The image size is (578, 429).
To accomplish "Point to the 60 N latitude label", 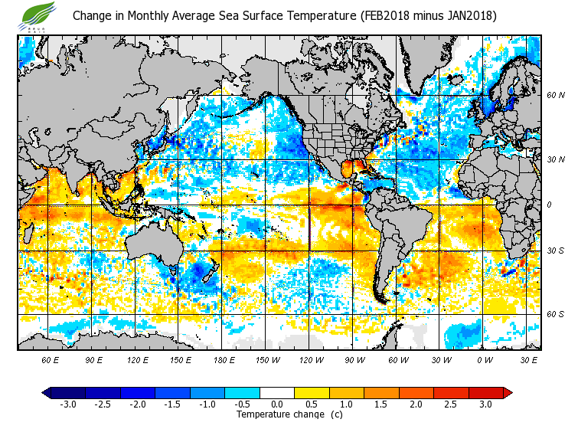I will tap(555, 95).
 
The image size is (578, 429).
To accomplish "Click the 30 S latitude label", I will tap(555, 251).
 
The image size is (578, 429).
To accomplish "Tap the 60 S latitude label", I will tap(555, 314).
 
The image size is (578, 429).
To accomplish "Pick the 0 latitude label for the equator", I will tap(548, 205).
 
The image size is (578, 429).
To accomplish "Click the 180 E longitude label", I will tap(224, 359).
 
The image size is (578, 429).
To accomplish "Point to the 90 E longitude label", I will tap(93, 359).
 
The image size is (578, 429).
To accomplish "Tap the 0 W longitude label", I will tap(485, 359).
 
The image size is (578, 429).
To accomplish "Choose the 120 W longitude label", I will tap(311, 359).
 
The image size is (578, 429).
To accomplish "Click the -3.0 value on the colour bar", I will tap(67, 404).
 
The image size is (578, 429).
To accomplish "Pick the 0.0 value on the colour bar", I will tap(277, 404).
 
